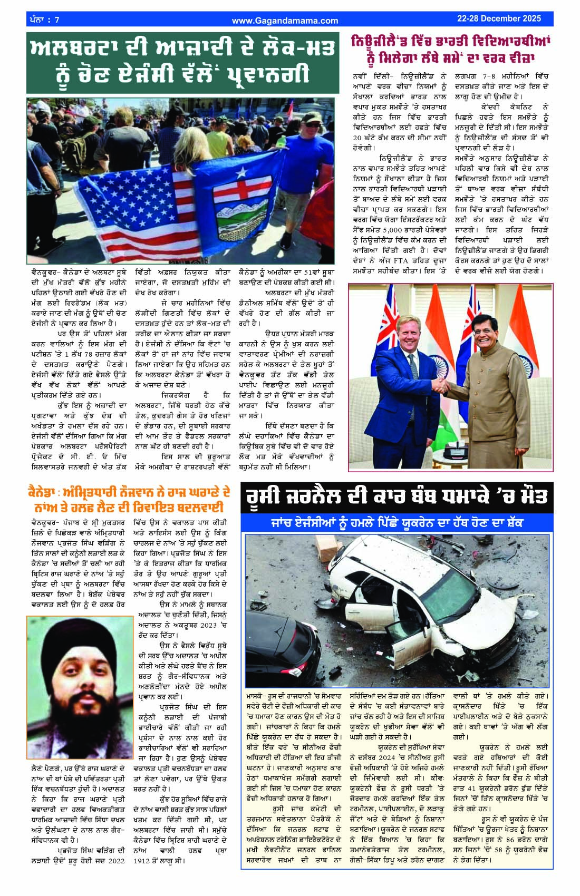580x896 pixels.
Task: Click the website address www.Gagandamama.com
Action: tap(285, 21)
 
